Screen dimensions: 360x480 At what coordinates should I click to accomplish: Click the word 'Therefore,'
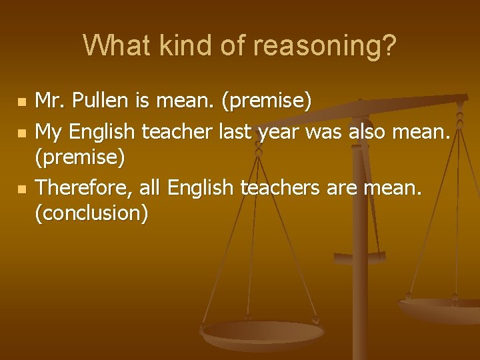85,189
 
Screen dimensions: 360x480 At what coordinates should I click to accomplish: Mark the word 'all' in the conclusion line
152,189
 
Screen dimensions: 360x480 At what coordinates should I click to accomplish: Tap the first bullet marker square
22,103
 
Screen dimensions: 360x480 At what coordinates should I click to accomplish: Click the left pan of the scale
263,332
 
